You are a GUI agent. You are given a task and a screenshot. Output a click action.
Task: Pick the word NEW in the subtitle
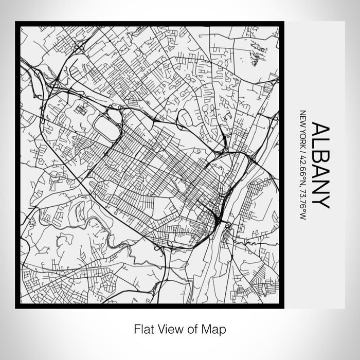[302, 118]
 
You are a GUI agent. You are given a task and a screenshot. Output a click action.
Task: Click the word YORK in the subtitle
[302, 135]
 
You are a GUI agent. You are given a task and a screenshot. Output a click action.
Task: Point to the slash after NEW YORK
[302, 148]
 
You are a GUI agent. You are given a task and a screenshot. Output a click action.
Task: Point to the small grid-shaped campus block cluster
[81, 110]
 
